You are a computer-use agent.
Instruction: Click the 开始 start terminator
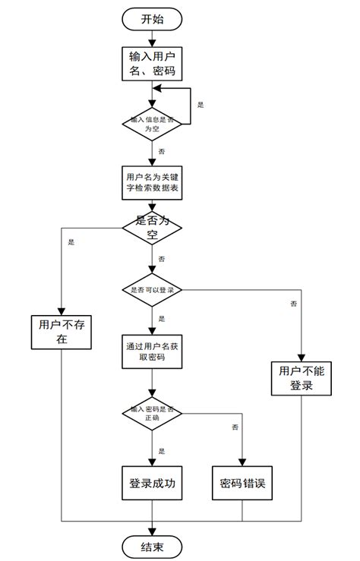[x=152, y=20]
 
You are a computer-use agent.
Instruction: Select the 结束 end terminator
[x=152, y=546]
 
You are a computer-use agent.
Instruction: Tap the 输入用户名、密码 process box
[x=152, y=63]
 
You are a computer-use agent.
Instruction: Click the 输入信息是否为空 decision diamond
[x=152, y=124]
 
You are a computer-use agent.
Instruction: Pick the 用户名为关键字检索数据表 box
[x=152, y=182]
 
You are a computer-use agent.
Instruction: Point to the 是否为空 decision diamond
[x=152, y=227]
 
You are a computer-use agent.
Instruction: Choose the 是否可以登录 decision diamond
[x=152, y=290]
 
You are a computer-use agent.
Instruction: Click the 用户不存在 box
[x=62, y=332]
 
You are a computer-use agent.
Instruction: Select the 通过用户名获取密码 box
[x=152, y=351]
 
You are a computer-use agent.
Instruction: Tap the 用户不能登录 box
[x=302, y=377]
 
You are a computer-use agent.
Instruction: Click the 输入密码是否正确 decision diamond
[x=152, y=414]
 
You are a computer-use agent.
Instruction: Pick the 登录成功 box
[x=152, y=483]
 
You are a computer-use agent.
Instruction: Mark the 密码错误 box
[x=242, y=483]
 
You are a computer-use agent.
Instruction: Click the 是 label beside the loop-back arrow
[x=201, y=104]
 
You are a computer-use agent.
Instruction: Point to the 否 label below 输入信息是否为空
[x=162, y=151]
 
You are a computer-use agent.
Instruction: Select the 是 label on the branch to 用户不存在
[x=71, y=242]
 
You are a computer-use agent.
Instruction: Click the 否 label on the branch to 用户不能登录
[x=293, y=304]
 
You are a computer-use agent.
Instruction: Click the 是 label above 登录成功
[x=162, y=450]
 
